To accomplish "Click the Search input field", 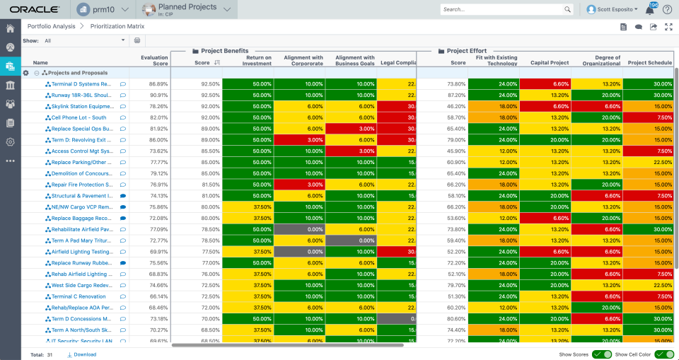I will [x=501, y=9].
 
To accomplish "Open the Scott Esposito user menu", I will [x=612, y=9].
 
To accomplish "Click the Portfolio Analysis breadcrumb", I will [x=52, y=26].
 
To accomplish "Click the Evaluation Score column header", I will [x=153, y=60].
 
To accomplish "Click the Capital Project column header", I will [x=549, y=63].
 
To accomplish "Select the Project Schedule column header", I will [x=649, y=63].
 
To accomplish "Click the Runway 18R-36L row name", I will [x=81, y=95].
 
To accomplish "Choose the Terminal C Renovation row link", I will [x=79, y=296].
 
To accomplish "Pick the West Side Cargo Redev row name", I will [x=81, y=285].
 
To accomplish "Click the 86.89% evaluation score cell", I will [x=158, y=83].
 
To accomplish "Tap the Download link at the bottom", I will [x=84, y=354].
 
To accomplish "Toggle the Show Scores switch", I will [x=602, y=354].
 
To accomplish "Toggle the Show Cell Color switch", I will [x=664, y=354].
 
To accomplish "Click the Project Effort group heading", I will [x=467, y=51].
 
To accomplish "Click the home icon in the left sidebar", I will [x=11, y=29].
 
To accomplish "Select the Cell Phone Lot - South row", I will [x=79, y=117].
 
